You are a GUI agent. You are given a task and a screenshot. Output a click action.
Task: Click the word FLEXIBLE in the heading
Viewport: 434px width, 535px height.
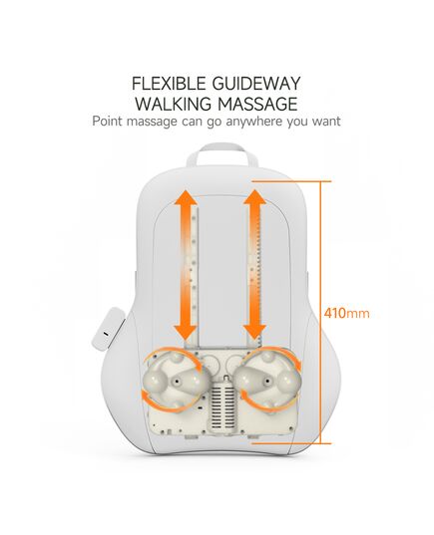point(169,84)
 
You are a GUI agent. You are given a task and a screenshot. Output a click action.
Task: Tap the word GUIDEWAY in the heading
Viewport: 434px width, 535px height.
point(256,84)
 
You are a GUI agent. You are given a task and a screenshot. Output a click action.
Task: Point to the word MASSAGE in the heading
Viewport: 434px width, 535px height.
point(258,104)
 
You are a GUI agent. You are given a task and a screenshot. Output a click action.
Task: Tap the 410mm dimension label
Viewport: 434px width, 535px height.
point(346,313)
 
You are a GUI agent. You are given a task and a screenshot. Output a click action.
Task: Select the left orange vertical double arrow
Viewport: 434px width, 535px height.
point(186,265)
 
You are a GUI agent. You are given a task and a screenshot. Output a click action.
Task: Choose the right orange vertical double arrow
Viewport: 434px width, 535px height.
point(254,265)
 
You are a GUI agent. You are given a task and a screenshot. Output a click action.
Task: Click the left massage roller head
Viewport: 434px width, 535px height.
point(177,380)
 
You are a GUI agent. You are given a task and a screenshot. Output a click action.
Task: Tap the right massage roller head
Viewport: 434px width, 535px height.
point(268,380)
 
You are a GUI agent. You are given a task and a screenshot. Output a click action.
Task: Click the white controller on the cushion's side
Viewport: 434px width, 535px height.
point(108,328)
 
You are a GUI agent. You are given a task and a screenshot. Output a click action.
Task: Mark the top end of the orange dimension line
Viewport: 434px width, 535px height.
point(320,181)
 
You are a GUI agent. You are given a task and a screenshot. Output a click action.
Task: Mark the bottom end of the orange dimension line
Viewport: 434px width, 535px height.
point(320,443)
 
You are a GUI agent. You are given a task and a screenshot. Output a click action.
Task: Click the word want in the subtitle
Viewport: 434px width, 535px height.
point(326,122)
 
